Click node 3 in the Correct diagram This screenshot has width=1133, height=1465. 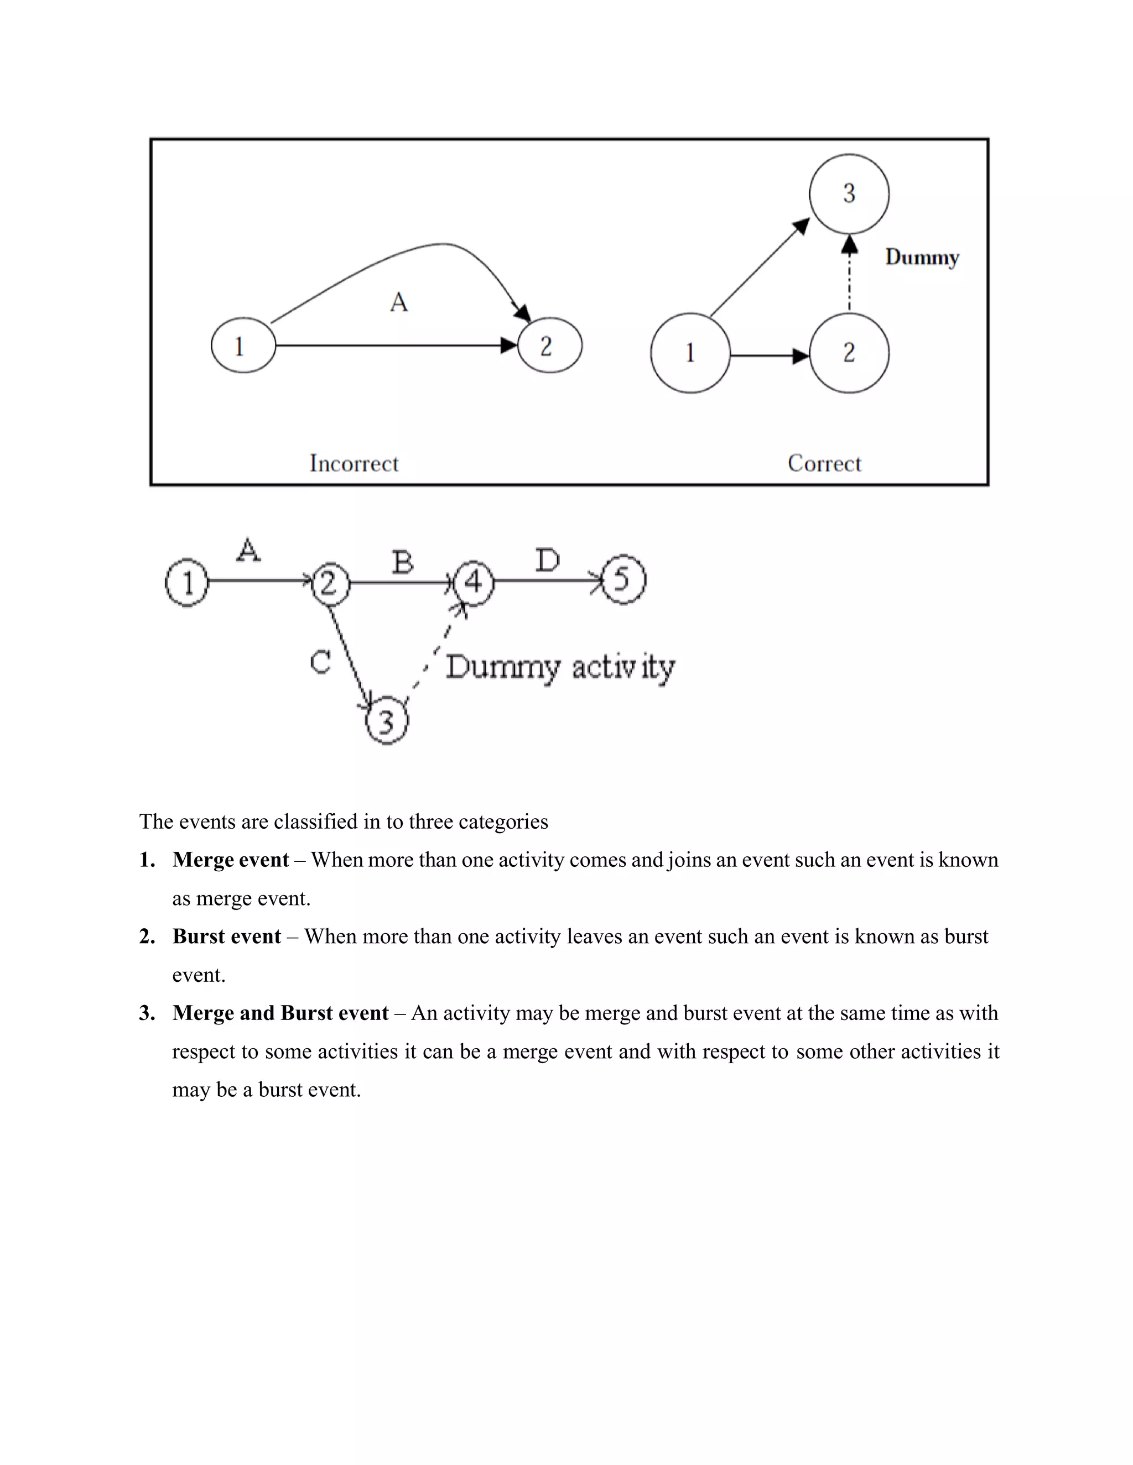tap(849, 194)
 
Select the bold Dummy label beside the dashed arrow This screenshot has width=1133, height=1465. tap(922, 257)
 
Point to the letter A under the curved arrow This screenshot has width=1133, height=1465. tap(399, 302)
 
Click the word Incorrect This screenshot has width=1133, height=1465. tap(354, 463)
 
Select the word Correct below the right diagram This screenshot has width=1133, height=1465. tap(824, 463)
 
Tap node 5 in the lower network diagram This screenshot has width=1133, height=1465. tap(623, 579)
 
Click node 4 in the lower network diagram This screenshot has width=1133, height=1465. tap(473, 582)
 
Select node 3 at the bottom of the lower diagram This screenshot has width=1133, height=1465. tap(387, 721)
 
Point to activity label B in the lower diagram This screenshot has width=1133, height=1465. tap(402, 562)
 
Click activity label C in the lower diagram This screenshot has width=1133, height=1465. tap(321, 663)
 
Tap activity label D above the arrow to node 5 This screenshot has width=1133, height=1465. tap(548, 560)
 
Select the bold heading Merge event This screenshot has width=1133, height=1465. tap(230, 860)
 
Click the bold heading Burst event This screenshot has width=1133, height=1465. tap(226, 936)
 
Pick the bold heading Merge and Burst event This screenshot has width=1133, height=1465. tap(280, 1013)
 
